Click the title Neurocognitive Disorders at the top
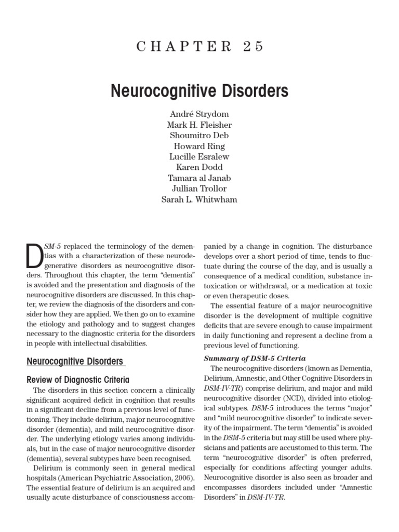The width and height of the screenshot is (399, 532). click(199, 91)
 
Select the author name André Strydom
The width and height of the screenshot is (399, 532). click(199, 114)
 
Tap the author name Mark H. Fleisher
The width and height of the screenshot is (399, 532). click(199, 125)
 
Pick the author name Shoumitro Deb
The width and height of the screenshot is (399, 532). click(199, 136)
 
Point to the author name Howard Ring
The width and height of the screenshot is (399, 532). click(199, 146)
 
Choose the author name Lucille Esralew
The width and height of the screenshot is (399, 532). click(199, 156)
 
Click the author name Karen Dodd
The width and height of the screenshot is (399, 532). click(199, 167)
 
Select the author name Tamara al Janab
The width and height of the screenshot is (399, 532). click(199, 178)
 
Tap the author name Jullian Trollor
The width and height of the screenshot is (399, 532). click(199, 188)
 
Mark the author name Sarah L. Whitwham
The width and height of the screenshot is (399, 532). click(199, 199)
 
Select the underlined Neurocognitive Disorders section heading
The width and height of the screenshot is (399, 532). click(75, 361)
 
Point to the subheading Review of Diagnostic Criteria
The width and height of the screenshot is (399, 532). click(78, 380)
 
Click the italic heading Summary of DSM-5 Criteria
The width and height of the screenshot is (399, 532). click(255, 358)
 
